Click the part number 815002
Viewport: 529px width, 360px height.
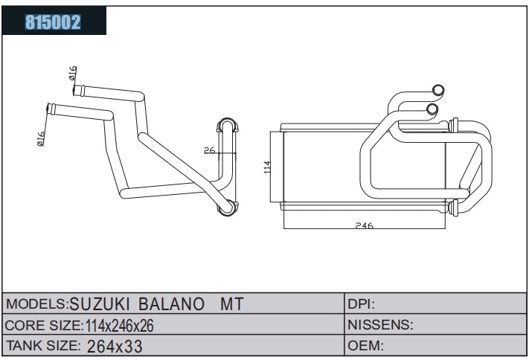pyautogui.click(x=53, y=22)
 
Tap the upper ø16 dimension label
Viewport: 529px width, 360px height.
pyautogui.click(x=72, y=73)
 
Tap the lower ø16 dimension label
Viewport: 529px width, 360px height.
pyautogui.click(x=40, y=138)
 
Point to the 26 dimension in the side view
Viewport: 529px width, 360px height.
pyautogui.click(x=210, y=150)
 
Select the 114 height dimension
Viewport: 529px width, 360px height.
pyautogui.click(x=267, y=167)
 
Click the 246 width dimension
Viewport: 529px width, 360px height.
pyautogui.click(x=365, y=225)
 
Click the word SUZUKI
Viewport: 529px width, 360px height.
pyautogui.click(x=100, y=303)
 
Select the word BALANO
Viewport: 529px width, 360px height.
pyautogui.click(x=171, y=303)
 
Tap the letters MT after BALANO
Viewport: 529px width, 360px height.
pyautogui.click(x=232, y=303)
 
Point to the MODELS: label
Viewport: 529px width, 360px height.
pyautogui.click(x=37, y=303)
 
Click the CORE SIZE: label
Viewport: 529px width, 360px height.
pyautogui.click(x=44, y=325)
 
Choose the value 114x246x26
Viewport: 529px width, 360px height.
pyautogui.click(x=120, y=326)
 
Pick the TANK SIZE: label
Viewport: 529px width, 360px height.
pyautogui.click(x=43, y=345)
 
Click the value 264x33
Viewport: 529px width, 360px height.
pyautogui.click(x=115, y=346)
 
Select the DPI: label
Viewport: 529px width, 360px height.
pyautogui.click(x=362, y=304)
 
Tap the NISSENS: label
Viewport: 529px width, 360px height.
pyautogui.click(x=380, y=324)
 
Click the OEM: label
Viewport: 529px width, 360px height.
pyautogui.click(x=366, y=345)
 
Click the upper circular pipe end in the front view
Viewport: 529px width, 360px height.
pyautogui.click(x=438, y=90)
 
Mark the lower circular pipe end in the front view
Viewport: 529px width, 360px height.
pyautogui.click(x=432, y=109)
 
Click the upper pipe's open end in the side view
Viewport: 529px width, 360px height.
pyautogui.click(x=76, y=90)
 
